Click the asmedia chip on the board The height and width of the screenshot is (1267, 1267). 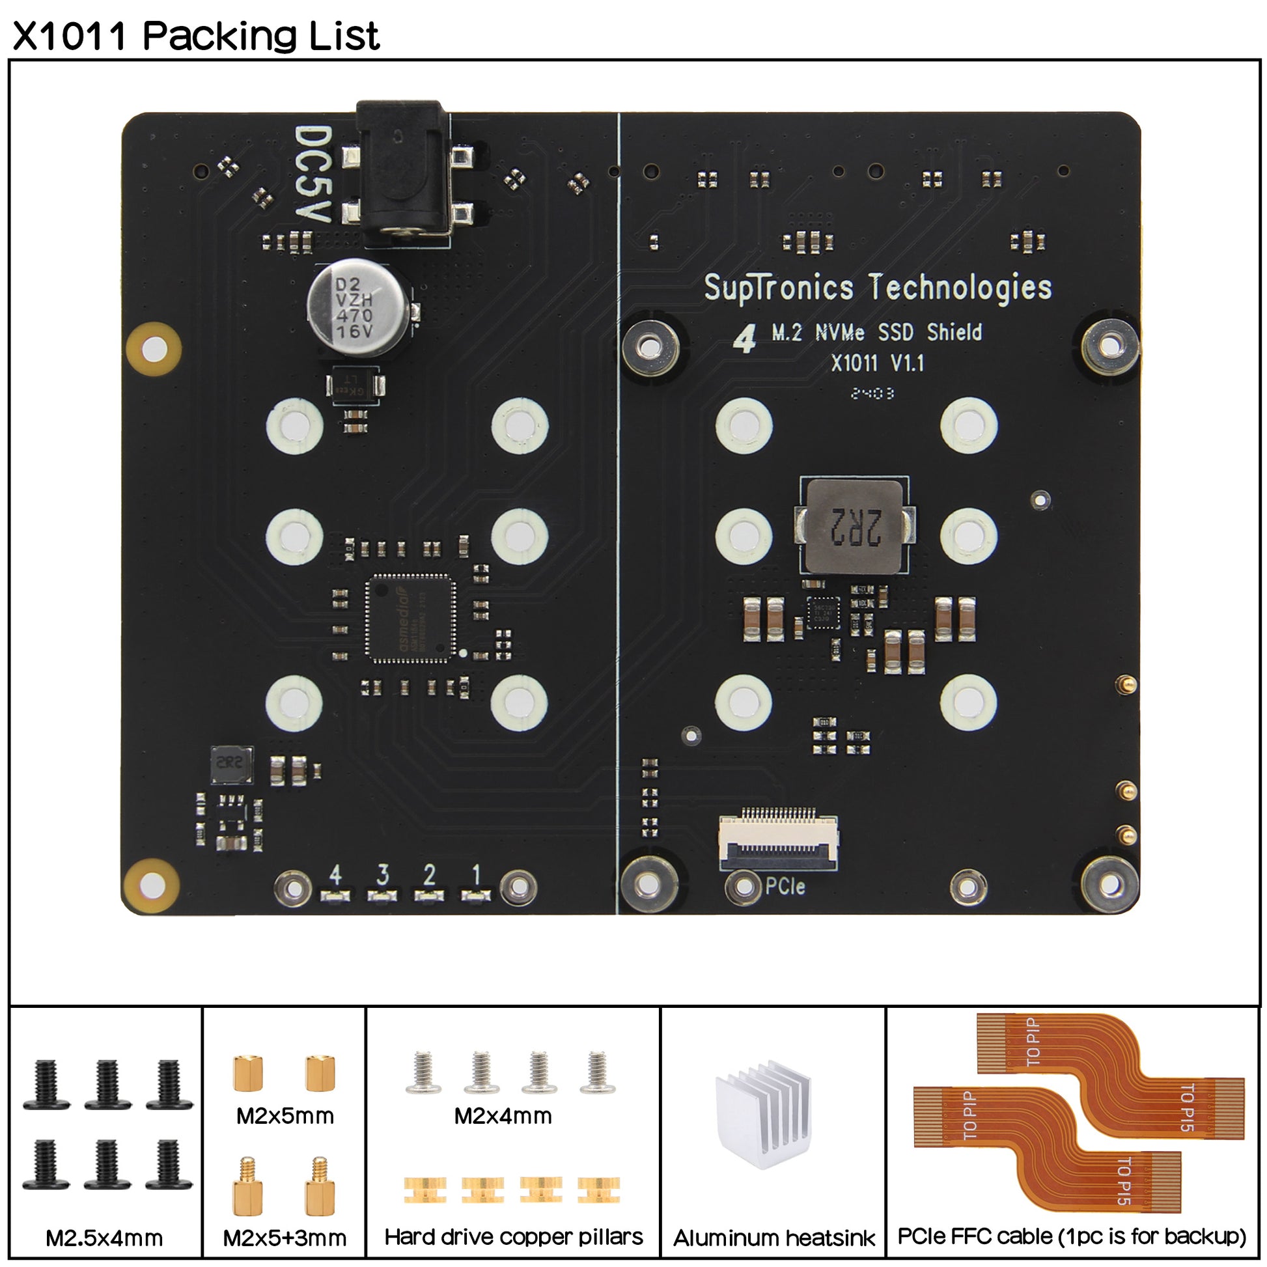411,618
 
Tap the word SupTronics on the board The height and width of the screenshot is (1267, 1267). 779,288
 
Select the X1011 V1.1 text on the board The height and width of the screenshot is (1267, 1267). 878,363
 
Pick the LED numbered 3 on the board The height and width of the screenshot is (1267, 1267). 382,896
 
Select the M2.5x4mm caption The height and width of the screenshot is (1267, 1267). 104,1238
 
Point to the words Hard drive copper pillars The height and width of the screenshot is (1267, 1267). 514,1237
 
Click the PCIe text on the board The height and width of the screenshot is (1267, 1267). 785,887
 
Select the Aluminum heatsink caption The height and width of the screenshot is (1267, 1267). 774,1238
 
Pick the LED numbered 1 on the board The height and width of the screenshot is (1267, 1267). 475,896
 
